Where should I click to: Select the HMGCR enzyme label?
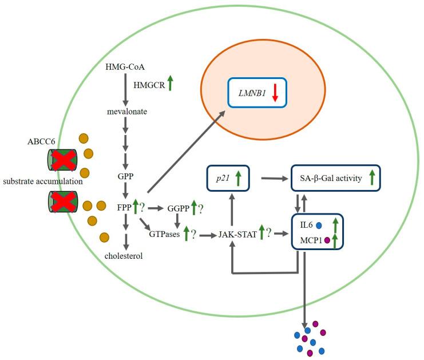coord(149,85)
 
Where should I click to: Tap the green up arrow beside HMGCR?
coord(171,83)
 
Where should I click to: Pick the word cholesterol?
coord(124,256)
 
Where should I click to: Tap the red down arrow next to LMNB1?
coord(275,92)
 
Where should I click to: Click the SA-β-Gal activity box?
coord(335,179)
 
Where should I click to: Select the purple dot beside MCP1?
coord(327,240)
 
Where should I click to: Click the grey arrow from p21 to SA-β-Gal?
coord(274,179)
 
